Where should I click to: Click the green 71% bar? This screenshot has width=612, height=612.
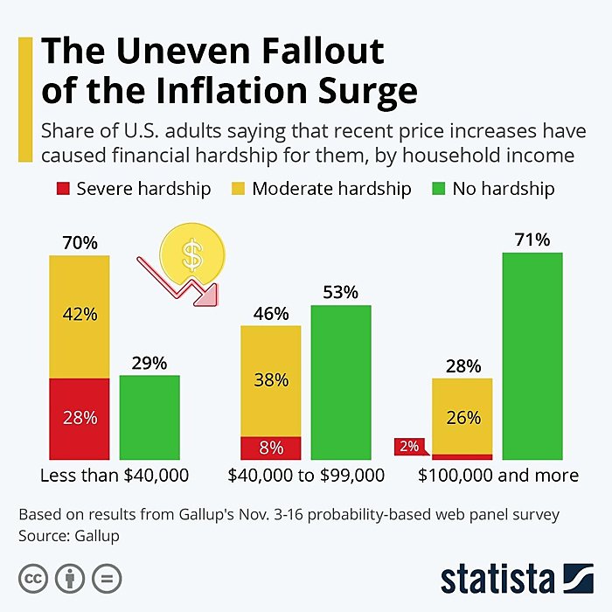click(532, 356)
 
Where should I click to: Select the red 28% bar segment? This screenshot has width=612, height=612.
click(80, 418)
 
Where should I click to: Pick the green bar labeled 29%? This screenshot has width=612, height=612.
click(150, 417)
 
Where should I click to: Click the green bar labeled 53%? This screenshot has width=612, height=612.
click(341, 382)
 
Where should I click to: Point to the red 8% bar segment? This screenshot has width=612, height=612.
click(271, 448)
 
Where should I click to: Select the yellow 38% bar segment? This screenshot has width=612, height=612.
click(271, 380)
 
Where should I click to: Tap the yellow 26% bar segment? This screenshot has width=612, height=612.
click(462, 416)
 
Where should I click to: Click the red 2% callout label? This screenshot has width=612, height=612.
click(409, 447)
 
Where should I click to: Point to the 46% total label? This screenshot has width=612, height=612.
click(271, 313)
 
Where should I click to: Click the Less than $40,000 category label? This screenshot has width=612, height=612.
click(115, 476)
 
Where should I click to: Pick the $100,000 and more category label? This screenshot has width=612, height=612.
click(497, 476)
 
